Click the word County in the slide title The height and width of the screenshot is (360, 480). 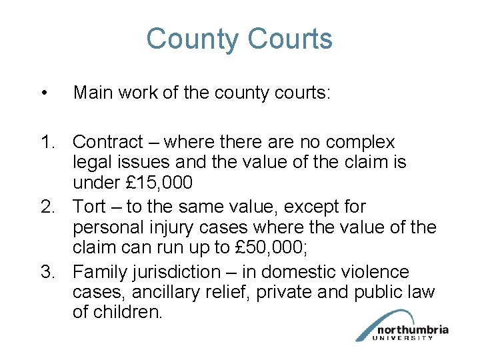[x=189, y=39]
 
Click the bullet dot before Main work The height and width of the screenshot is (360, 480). [x=43, y=93]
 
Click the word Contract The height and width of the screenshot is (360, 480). [x=107, y=142]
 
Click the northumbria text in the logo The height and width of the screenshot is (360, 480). [x=413, y=330]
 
